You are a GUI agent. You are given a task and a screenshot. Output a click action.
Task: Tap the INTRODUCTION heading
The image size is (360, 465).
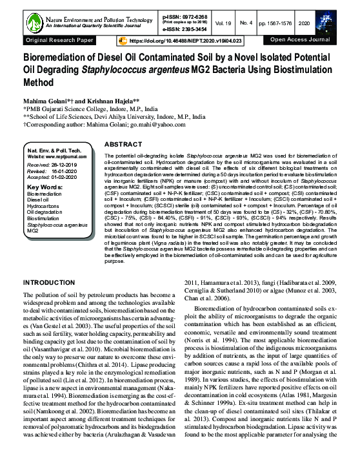[54, 284]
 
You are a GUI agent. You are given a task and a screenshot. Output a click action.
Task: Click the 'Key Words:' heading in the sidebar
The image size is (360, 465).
[45, 187]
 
